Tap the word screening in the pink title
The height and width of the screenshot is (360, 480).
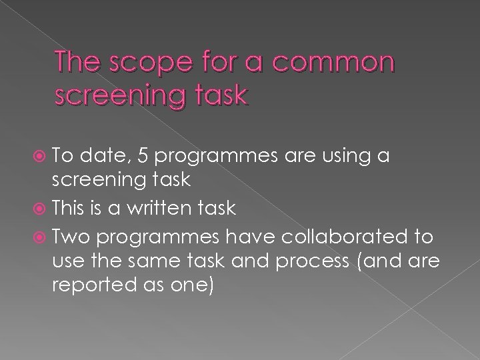point(109,96)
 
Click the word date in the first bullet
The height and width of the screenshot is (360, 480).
point(115,155)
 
